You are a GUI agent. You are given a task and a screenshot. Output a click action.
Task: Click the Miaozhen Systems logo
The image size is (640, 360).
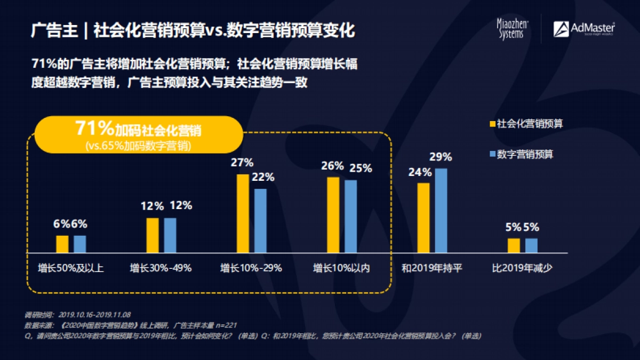(x=511, y=29)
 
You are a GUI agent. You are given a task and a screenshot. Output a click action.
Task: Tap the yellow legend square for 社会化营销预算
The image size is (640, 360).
(x=492, y=124)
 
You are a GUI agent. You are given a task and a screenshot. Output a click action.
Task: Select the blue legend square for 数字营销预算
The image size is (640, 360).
(x=492, y=154)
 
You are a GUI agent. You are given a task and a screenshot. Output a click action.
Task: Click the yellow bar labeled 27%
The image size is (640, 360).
(x=243, y=213)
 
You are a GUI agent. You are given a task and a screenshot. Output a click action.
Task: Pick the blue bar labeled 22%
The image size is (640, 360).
(x=260, y=220)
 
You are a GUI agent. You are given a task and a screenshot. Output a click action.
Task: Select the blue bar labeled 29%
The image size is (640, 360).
(x=441, y=210)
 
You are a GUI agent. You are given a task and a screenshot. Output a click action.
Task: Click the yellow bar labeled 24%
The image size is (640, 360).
(x=423, y=218)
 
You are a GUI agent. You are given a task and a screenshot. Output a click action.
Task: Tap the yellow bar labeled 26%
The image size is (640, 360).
(x=333, y=214)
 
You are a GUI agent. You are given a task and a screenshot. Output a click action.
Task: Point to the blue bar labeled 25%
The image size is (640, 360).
(x=350, y=216)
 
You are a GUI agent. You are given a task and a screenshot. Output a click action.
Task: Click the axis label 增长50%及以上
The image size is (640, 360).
(x=71, y=268)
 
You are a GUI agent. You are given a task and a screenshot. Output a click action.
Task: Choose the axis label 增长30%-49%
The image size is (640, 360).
(x=161, y=268)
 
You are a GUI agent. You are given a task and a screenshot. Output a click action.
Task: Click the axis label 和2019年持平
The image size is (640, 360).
(x=432, y=268)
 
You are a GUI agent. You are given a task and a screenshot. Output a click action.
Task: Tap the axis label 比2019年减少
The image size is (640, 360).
(x=522, y=268)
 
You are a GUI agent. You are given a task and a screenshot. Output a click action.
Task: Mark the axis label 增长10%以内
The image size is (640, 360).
(x=341, y=268)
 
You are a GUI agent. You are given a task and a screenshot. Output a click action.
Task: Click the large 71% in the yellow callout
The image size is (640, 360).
(x=94, y=129)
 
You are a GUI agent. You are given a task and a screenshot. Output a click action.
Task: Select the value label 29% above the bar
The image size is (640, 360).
(x=441, y=157)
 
